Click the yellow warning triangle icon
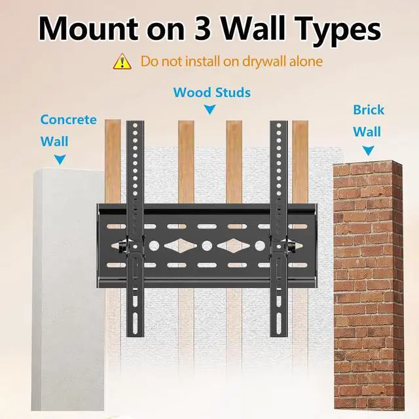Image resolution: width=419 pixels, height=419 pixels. [122, 62]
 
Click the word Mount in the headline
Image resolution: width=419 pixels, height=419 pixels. [89, 28]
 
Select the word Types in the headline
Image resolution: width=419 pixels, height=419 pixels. [338, 31]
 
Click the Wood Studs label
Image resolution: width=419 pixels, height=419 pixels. [212, 92]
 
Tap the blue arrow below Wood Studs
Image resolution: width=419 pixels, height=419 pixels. [209, 109]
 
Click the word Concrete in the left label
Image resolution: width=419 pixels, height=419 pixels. [68, 119]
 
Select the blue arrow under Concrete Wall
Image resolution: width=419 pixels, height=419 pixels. [60, 160]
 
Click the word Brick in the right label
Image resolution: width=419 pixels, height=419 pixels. [369, 110]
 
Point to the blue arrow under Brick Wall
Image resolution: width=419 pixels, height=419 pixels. [368, 151]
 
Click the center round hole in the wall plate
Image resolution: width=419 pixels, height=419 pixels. [207, 246]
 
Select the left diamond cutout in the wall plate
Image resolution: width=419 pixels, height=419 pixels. [181, 246]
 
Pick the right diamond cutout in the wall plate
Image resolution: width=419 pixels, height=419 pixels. [234, 246]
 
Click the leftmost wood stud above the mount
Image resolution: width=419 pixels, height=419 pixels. [113, 161]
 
